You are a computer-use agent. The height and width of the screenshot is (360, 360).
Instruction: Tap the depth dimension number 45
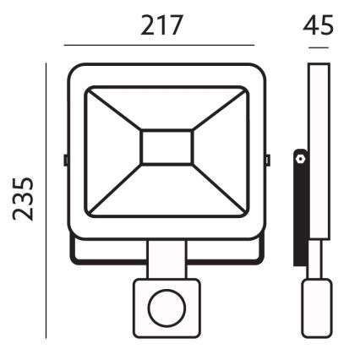point(318,25)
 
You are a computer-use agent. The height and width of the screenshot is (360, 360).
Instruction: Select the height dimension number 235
point(25,198)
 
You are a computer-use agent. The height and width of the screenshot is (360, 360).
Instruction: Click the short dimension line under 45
point(318,47)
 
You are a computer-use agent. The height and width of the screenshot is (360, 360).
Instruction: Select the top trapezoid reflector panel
point(166,106)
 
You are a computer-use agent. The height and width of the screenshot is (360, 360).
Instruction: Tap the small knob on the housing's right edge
point(267,158)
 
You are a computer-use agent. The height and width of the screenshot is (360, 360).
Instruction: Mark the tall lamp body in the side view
point(318,152)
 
